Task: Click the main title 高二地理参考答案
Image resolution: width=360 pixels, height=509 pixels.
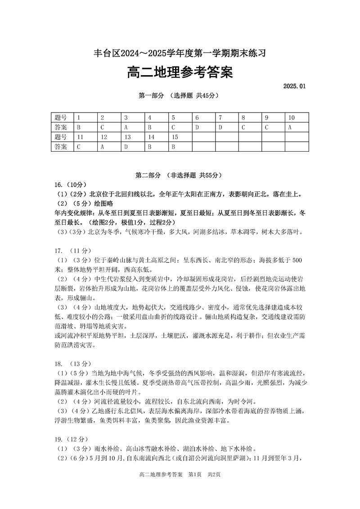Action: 180,72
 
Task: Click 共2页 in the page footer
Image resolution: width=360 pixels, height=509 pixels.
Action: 214,475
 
